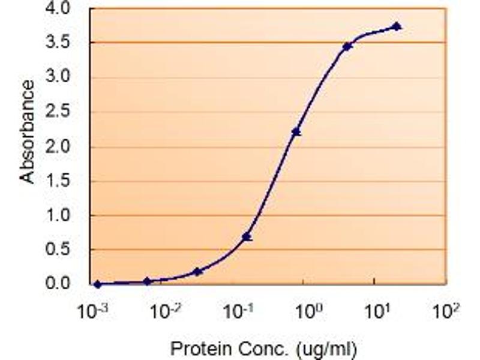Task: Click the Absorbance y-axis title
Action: point(26,131)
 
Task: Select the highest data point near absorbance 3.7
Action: point(397,26)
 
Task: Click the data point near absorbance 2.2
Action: point(296,132)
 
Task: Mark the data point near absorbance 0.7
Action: point(247,237)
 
